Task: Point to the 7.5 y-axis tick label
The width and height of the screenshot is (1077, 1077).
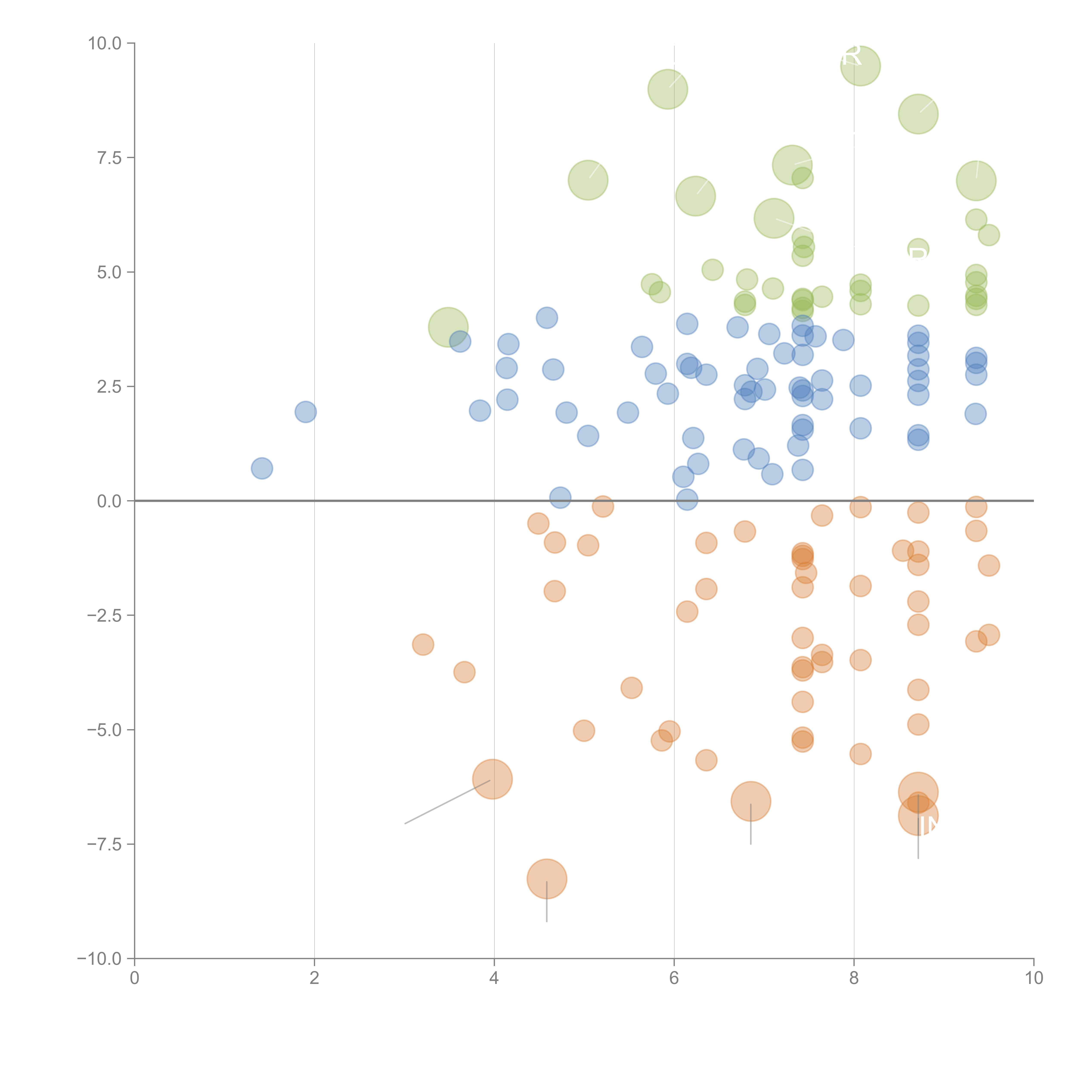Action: coord(109,158)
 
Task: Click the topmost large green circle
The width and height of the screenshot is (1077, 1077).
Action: coord(860,66)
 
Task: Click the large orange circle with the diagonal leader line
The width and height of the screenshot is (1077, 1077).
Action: coord(492,779)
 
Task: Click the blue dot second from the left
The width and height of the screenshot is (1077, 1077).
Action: coord(305,412)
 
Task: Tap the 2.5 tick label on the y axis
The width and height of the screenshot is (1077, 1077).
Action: coord(109,387)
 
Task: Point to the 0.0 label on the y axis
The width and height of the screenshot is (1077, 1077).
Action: coord(109,501)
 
